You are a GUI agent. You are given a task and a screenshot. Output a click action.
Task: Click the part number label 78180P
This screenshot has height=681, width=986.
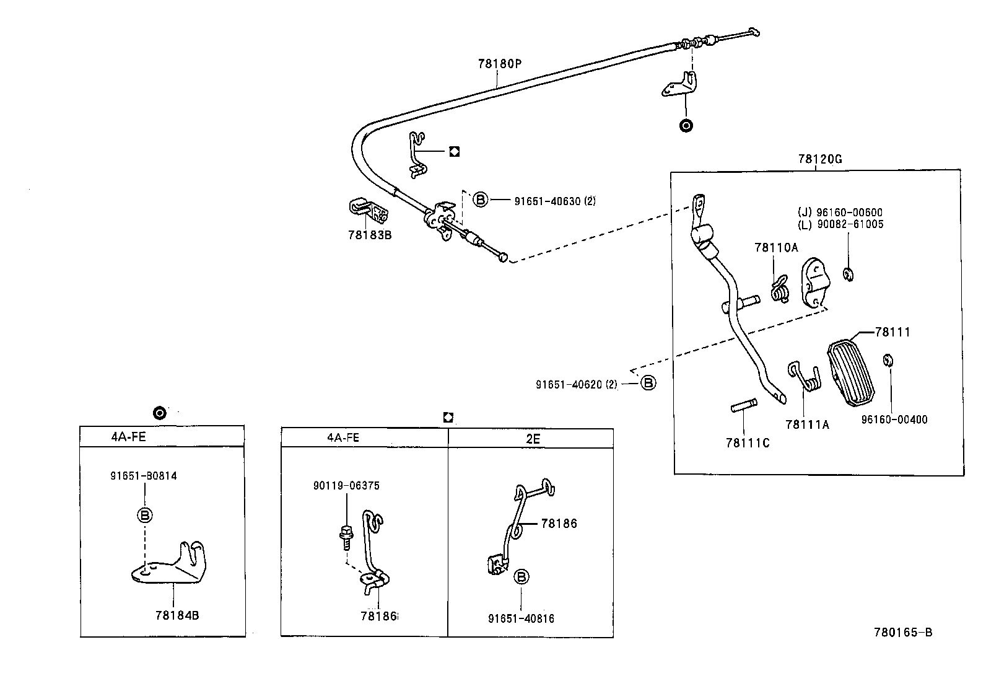tap(500, 64)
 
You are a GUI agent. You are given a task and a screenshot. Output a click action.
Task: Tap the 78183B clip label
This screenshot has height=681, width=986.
tap(370, 235)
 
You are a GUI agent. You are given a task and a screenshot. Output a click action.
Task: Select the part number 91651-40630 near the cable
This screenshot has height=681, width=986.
tap(548, 201)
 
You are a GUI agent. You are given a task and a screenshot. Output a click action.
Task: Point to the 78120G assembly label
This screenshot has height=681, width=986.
tap(820, 159)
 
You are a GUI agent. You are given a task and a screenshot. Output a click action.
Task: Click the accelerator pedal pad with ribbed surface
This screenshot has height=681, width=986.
tap(851, 372)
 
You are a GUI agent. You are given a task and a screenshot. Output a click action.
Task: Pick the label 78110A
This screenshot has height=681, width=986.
tap(776, 248)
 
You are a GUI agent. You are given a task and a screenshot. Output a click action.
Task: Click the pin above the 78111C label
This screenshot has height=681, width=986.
tap(744, 405)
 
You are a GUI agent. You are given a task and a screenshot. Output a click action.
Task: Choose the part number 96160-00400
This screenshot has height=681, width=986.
tap(894, 420)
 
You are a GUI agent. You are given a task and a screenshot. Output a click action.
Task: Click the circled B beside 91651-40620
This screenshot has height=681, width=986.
tap(648, 383)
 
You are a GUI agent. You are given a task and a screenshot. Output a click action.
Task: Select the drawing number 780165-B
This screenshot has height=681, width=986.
tap(903, 632)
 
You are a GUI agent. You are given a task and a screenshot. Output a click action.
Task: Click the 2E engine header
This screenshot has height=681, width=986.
tap(533, 439)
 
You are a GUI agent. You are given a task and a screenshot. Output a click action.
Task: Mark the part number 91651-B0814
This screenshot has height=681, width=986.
tap(144, 476)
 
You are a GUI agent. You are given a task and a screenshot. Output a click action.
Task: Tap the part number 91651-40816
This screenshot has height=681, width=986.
tap(521, 618)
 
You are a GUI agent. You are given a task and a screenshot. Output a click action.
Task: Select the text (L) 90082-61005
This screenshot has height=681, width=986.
tap(840, 224)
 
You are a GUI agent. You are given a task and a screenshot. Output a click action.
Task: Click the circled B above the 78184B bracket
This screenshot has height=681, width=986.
tap(145, 515)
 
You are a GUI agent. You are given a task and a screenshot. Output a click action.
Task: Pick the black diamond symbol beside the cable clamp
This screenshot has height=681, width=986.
tap(454, 152)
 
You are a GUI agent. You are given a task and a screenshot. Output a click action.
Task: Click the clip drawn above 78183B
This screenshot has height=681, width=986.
tap(369, 211)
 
